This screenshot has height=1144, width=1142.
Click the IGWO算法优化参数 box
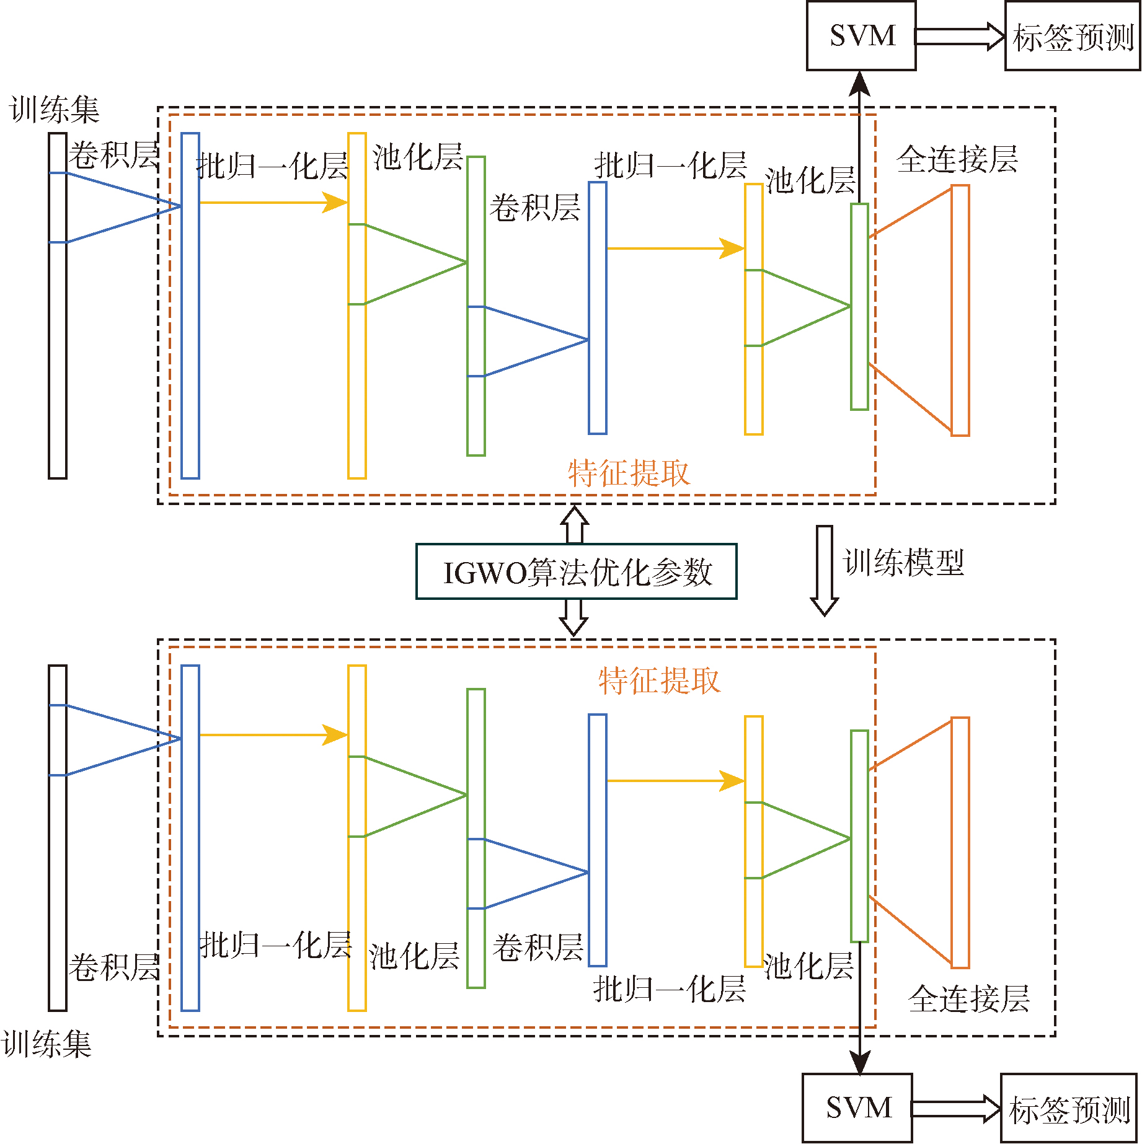[x=576, y=571]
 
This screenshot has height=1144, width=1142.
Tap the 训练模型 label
[x=903, y=563]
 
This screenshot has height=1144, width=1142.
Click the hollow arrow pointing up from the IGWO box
[x=575, y=525]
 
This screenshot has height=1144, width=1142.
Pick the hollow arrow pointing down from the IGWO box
[x=573, y=617]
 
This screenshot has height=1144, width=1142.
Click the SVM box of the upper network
[x=861, y=36]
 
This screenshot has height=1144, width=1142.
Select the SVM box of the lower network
[x=857, y=1107]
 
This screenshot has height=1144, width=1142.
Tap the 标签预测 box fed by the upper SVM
[x=1073, y=36]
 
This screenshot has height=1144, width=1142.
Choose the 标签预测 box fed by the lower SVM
[x=1069, y=1107]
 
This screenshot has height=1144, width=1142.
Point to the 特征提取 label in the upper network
[x=629, y=473]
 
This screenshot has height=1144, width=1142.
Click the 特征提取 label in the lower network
[x=659, y=680]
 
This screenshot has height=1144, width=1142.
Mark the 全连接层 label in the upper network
[x=957, y=159]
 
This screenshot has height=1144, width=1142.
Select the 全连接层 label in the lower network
[x=969, y=998]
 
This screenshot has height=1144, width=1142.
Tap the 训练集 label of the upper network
[x=55, y=110]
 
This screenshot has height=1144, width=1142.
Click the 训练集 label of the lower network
[x=46, y=1044]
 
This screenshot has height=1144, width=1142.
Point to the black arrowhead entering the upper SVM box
[x=859, y=84]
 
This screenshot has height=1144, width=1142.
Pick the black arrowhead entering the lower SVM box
[x=859, y=1062]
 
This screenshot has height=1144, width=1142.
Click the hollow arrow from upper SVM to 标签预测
[x=960, y=36]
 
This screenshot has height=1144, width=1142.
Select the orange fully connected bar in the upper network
[x=960, y=310]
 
